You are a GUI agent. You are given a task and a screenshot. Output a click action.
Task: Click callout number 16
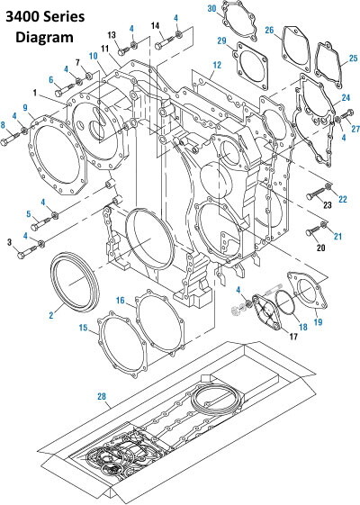[119, 299]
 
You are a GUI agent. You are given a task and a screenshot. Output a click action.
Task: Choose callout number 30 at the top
[212, 8]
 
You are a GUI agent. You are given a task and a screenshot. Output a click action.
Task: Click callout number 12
[216, 65]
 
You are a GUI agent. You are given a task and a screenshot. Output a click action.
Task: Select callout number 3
[10, 242]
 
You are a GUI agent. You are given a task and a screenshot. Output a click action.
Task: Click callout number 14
[155, 24]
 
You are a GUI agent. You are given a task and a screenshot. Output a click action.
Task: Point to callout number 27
[354, 130]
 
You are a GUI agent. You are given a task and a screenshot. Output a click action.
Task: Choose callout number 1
[33, 93]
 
